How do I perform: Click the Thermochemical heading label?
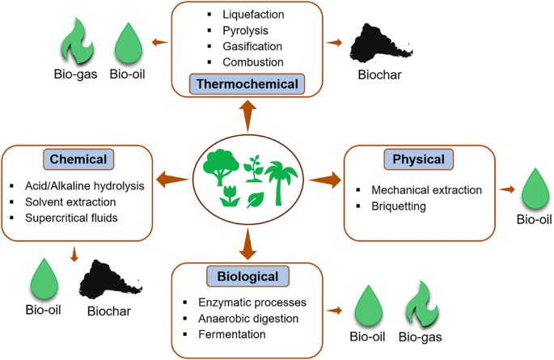pos(246,83)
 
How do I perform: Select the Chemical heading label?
pos(78,159)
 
